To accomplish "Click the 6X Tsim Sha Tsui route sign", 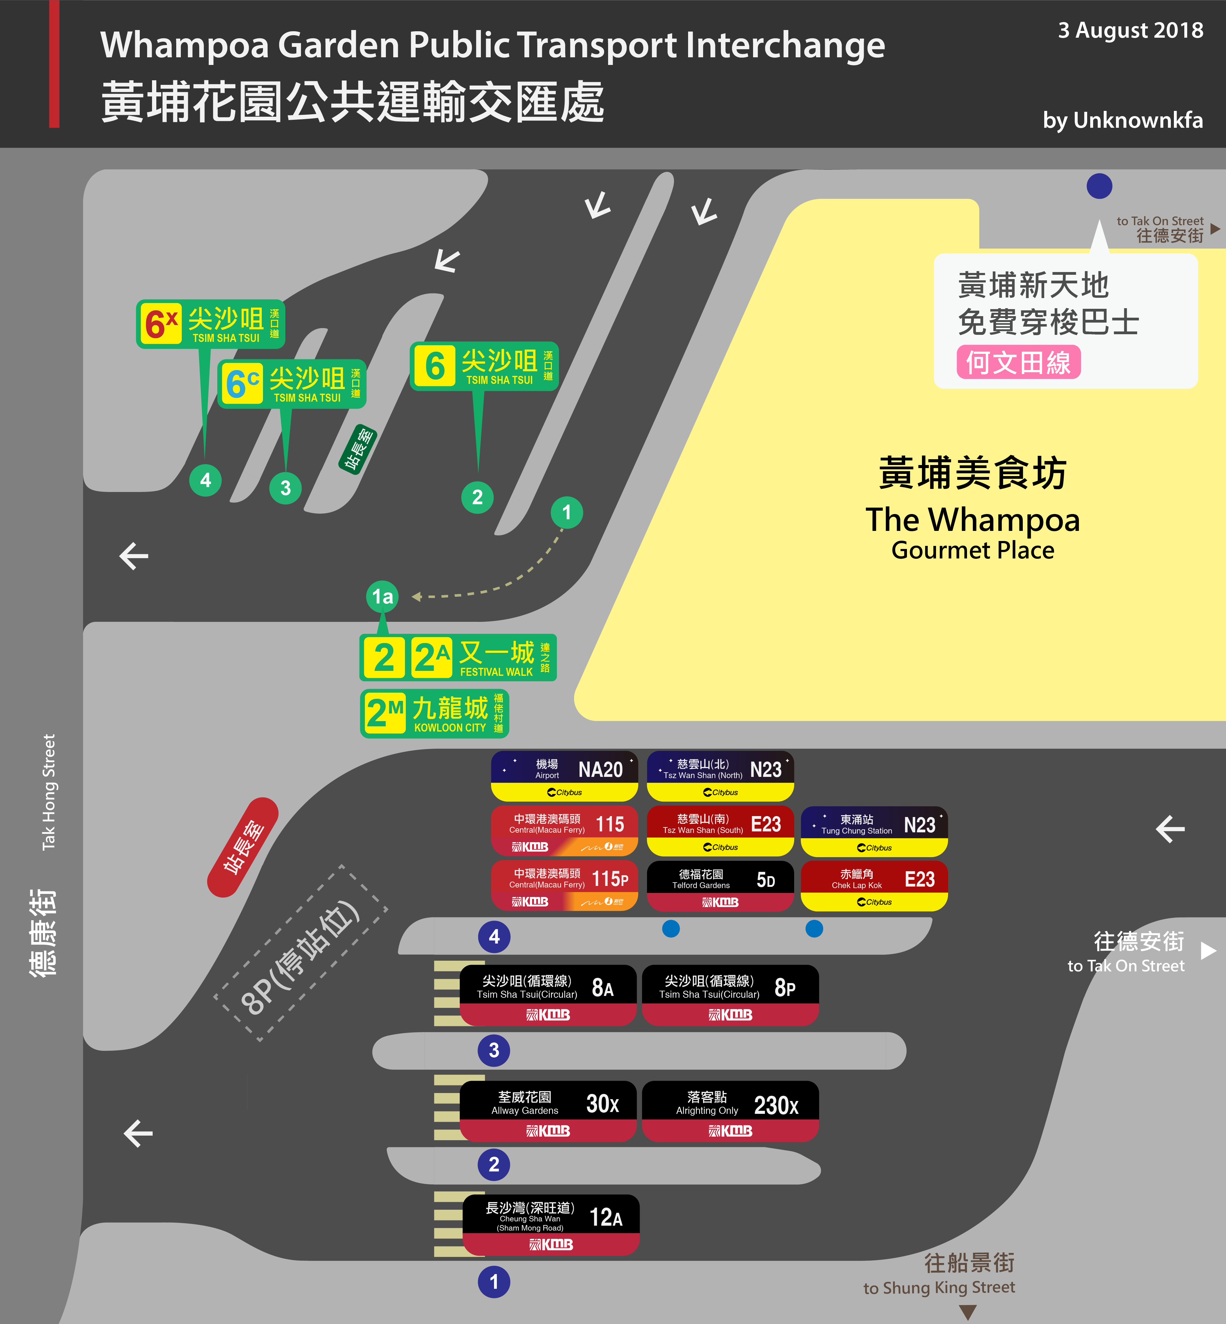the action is (210, 324).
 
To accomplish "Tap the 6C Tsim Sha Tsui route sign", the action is (292, 384).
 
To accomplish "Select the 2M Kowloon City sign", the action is (435, 713).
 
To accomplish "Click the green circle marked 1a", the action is (382, 597).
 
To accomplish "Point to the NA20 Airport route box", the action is (565, 776).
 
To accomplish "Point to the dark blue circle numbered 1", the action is (494, 1281).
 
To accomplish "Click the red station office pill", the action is (243, 847).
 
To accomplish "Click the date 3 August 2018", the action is (1130, 31).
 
